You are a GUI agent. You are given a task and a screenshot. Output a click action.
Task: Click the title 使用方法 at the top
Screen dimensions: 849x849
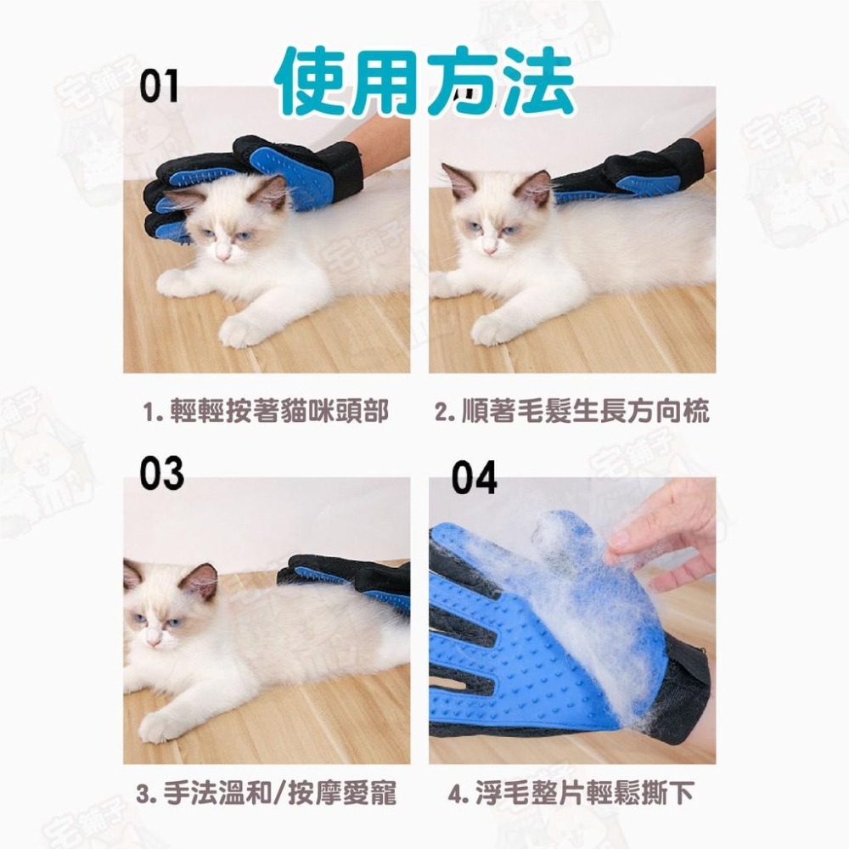tap(424, 82)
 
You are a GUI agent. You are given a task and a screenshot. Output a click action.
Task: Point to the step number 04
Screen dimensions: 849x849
tap(474, 477)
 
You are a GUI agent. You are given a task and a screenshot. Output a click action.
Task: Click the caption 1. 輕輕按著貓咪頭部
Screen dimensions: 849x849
tap(266, 413)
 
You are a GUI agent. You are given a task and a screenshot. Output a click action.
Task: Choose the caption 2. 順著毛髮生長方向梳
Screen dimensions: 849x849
tap(572, 413)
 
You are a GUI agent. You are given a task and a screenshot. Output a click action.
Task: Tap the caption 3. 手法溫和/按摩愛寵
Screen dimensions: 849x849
tap(266, 795)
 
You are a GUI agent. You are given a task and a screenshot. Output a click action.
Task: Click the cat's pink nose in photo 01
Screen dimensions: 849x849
tap(223, 252)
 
